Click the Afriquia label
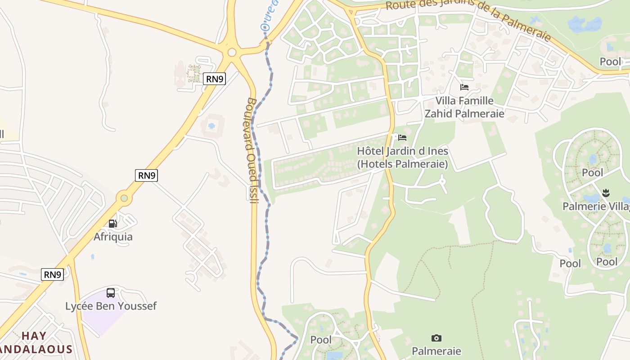[113, 237]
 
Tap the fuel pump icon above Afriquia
[113, 223]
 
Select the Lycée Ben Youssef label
[111, 306]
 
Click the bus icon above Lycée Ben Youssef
[111, 293]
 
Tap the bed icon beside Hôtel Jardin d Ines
[402, 137]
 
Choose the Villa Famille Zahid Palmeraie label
[464, 107]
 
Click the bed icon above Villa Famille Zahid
[464, 87]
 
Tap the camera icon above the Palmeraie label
[436, 338]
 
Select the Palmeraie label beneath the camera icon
[436, 351]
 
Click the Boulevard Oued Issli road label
[252, 150]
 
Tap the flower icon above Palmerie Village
[606, 193]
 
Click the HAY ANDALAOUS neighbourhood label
[36, 342]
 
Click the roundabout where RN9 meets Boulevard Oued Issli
[232, 52]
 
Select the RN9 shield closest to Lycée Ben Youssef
[52, 274]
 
